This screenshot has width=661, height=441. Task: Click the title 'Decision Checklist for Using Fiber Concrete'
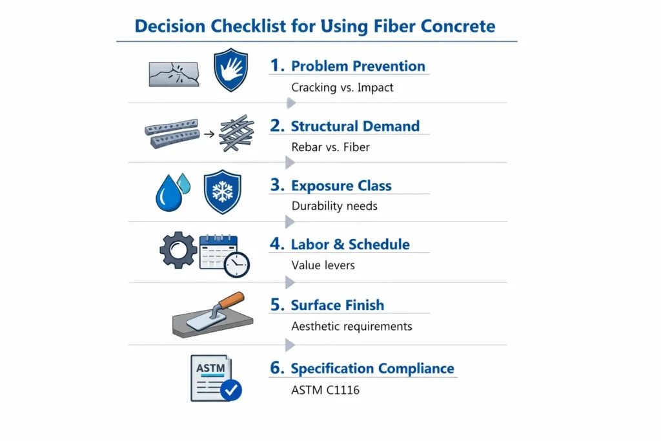(x=315, y=26)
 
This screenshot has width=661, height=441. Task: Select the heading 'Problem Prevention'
(x=358, y=66)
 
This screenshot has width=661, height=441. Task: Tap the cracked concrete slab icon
(x=174, y=74)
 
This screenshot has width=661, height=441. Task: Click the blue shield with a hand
(x=230, y=70)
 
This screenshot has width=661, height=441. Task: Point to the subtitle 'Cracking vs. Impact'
(x=342, y=87)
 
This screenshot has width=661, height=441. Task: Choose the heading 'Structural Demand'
(x=355, y=126)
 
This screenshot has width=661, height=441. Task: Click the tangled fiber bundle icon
(x=237, y=133)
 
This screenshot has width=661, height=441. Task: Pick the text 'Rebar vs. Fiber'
(x=330, y=147)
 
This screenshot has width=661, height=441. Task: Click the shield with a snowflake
(x=223, y=192)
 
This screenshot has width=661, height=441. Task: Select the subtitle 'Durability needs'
(x=334, y=206)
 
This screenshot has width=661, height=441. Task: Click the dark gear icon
(x=178, y=250)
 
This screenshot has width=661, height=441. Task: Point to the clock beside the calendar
(x=237, y=264)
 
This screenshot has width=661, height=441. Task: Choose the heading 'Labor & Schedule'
(x=350, y=244)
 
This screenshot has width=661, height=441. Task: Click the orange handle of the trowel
(x=232, y=300)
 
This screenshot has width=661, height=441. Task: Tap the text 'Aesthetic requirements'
(x=351, y=326)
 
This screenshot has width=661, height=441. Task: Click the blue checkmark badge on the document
(x=230, y=389)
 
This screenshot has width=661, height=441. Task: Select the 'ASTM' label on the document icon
(x=210, y=369)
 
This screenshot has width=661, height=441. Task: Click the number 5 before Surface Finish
(x=276, y=305)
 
